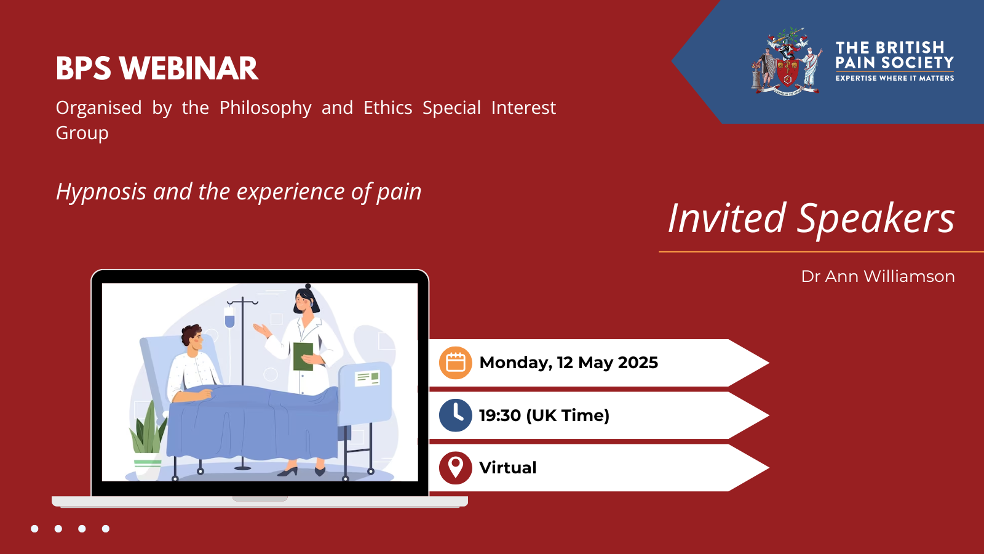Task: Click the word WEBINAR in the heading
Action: click(x=188, y=68)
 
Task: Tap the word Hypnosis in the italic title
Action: click(x=101, y=191)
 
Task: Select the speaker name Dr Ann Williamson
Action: click(x=878, y=276)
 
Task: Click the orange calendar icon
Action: click(x=456, y=363)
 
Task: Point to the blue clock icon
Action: click(x=456, y=415)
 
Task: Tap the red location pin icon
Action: click(x=456, y=468)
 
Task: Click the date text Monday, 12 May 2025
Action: click(x=568, y=363)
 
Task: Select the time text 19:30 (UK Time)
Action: click(x=544, y=415)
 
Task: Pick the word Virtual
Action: click(x=508, y=468)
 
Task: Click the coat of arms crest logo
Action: click(x=787, y=61)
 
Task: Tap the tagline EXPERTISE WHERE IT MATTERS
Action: click(x=895, y=78)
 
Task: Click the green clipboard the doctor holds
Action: click(x=303, y=356)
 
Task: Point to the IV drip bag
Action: click(x=230, y=316)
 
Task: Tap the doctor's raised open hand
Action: click(x=262, y=330)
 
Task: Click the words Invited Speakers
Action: click(x=811, y=219)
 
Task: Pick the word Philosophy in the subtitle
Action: click(x=265, y=108)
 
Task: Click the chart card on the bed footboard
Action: click(x=367, y=378)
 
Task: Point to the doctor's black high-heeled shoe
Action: click(x=288, y=472)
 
